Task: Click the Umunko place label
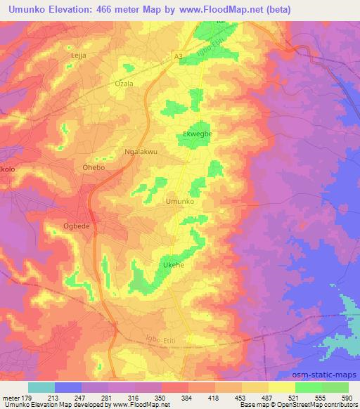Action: pyautogui.click(x=179, y=202)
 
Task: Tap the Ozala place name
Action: pyautogui.click(x=124, y=83)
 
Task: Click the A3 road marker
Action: pyautogui.click(x=178, y=55)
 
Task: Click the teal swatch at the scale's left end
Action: pyautogui.click(x=41, y=387)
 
